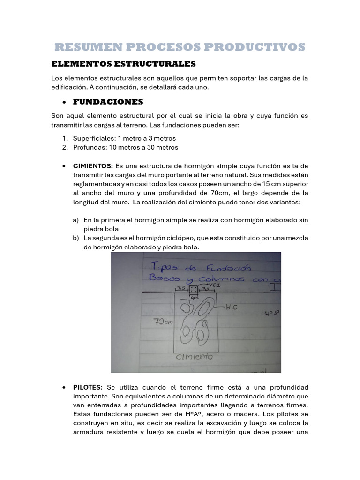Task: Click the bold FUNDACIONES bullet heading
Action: pyautogui.click(x=108, y=102)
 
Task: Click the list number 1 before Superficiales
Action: pyautogui.click(x=64, y=138)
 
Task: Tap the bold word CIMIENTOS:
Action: pyautogui.click(x=93, y=166)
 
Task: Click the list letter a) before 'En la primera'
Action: pyautogui.click(x=75, y=220)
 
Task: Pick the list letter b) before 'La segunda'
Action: pyautogui.click(x=75, y=238)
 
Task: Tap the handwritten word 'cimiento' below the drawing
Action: pyautogui.click(x=194, y=357)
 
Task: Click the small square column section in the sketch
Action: pyautogui.click(x=194, y=291)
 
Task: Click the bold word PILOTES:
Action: pyautogui.click(x=88, y=387)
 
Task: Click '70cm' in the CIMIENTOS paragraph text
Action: pyautogui.click(x=219, y=193)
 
